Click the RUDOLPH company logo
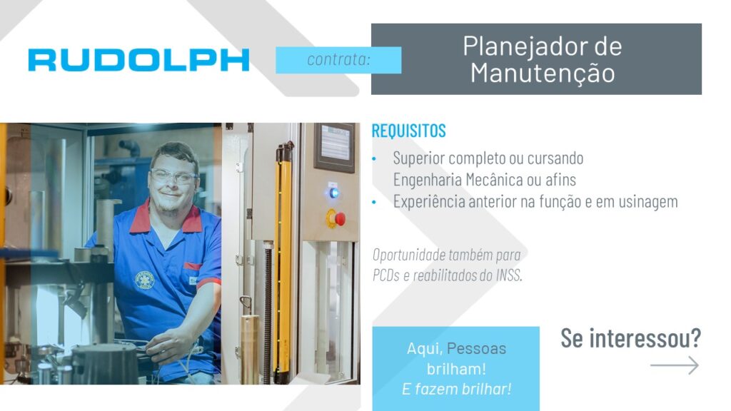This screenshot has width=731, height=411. [x=138, y=60]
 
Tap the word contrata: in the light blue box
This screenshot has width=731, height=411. [x=338, y=60]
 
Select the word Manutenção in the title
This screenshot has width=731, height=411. [x=543, y=74]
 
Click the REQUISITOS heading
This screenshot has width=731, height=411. [x=408, y=131]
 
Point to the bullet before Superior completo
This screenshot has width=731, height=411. [x=374, y=159]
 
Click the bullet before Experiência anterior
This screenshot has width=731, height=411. [x=374, y=202]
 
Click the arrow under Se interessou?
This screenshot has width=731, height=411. [x=674, y=365]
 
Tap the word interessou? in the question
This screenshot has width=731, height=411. [x=645, y=338]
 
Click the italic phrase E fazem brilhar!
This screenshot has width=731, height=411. [x=456, y=389]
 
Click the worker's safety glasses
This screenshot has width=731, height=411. [x=173, y=176]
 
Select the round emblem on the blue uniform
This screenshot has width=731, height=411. [x=144, y=280]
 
